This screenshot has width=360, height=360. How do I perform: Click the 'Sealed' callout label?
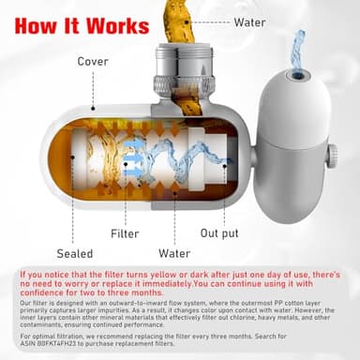pyautogui.click(x=74, y=253)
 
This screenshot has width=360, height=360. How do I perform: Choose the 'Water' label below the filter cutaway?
pyautogui.click(x=174, y=253)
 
